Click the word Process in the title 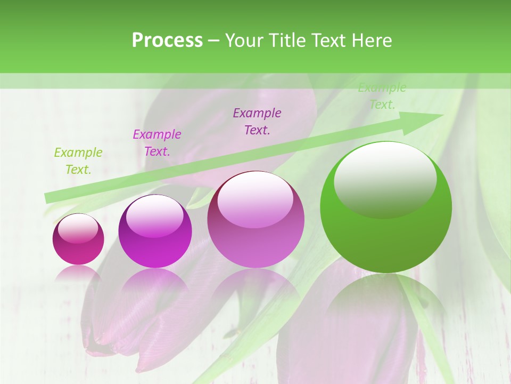pos(167,41)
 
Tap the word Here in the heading pos(370,41)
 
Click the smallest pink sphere pos(78,239)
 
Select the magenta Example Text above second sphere pos(157,143)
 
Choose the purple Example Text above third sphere pos(257,121)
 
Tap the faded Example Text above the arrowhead pos(382,96)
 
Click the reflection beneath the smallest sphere pos(78,275)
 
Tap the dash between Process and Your pos(213,41)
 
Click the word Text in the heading pos(329,41)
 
